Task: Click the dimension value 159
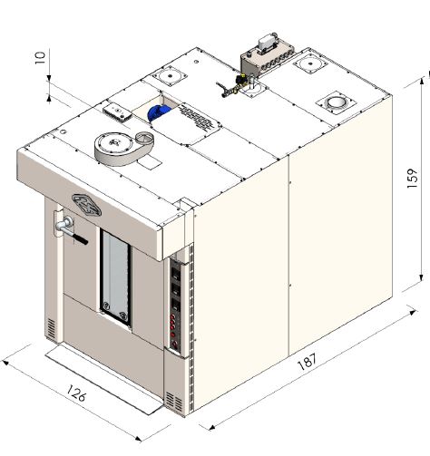tap(412, 178)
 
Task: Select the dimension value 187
tap(308, 362)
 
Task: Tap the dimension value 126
tap(76, 393)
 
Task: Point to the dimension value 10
tap(40, 57)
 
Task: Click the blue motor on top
tap(159, 113)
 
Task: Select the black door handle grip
tap(80, 239)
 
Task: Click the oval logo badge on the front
tap(86, 205)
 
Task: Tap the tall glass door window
tap(116, 277)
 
